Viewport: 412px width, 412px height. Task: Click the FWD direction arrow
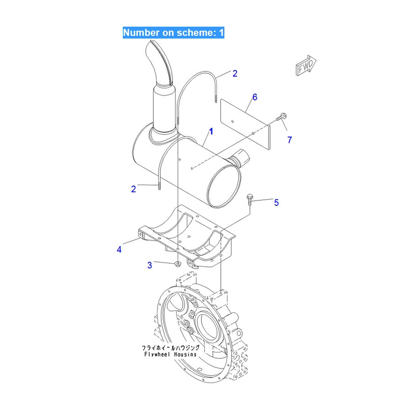click(x=306, y=66)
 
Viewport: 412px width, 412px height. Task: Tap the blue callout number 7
click(x=290, y=140)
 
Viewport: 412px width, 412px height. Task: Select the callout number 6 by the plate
click(x=255, y=97)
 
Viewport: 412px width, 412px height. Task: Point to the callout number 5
click(x=276, y=203)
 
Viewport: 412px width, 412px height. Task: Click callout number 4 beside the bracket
click(x=119, y=249)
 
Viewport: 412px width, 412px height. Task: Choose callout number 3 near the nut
click(x=150, y=265)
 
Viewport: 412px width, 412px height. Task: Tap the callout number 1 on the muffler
click(x=211, y=131)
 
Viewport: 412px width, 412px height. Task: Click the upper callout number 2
click(x=235, y=73)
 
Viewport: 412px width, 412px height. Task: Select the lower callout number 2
click(x=134, y=189)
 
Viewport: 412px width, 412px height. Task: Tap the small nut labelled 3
click(x=178, y=264)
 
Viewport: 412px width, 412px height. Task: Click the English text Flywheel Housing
click(x=170, y=354)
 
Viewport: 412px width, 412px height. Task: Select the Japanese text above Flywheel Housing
click(x=171, y=347)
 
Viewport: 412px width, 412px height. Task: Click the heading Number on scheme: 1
click(x=173, y=33)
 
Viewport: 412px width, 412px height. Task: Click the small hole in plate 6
click(x=233, y=121)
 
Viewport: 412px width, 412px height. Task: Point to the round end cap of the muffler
click(x=223, y=186)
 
